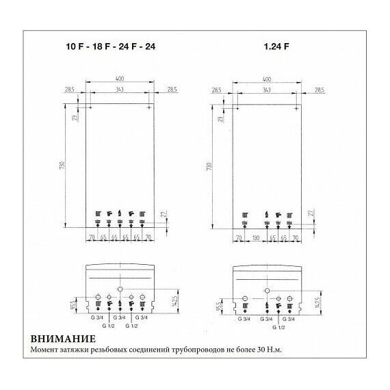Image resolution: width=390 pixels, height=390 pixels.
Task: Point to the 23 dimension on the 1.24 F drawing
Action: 220,118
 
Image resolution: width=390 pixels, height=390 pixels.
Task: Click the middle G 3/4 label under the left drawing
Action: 119,318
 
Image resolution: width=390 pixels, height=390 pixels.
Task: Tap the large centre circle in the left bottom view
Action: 120,289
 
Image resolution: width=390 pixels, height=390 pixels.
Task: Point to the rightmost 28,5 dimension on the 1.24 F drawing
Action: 318,90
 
